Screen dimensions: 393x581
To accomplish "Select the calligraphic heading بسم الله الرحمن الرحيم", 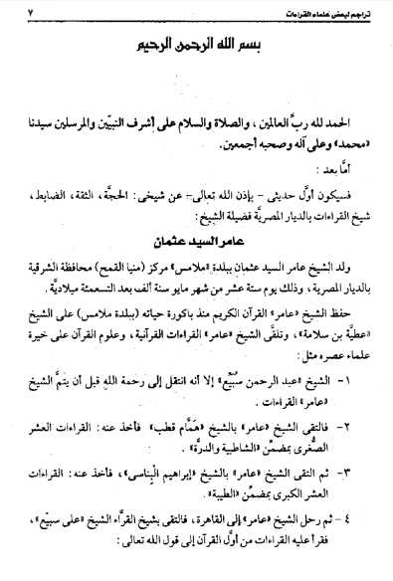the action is pyautogui.click(x=200, y=49).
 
